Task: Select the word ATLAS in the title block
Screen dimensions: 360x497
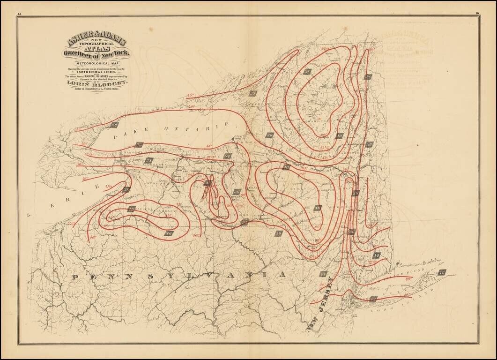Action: coord(97,48)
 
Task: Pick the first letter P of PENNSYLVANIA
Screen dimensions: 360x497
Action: coord(74,277)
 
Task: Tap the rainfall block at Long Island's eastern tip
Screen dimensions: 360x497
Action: coord(442,272)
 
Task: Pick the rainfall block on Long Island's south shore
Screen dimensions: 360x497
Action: coord(373,299)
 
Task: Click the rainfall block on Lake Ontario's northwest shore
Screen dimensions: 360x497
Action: coord(114,125)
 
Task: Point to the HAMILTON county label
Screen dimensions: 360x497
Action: coord(319,120)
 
